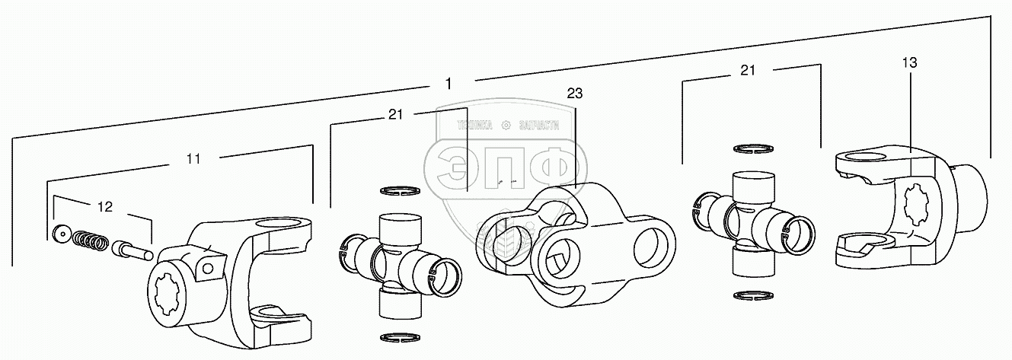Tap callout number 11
click(x=193, y=159)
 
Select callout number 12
click(x=104, y=205)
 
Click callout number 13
click(x=910, y=63)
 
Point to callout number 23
click(x=574, y=94)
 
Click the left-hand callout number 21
click(x=394, y=114)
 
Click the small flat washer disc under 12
click(x=61, y=233)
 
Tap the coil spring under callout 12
click(x=90, y=241)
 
